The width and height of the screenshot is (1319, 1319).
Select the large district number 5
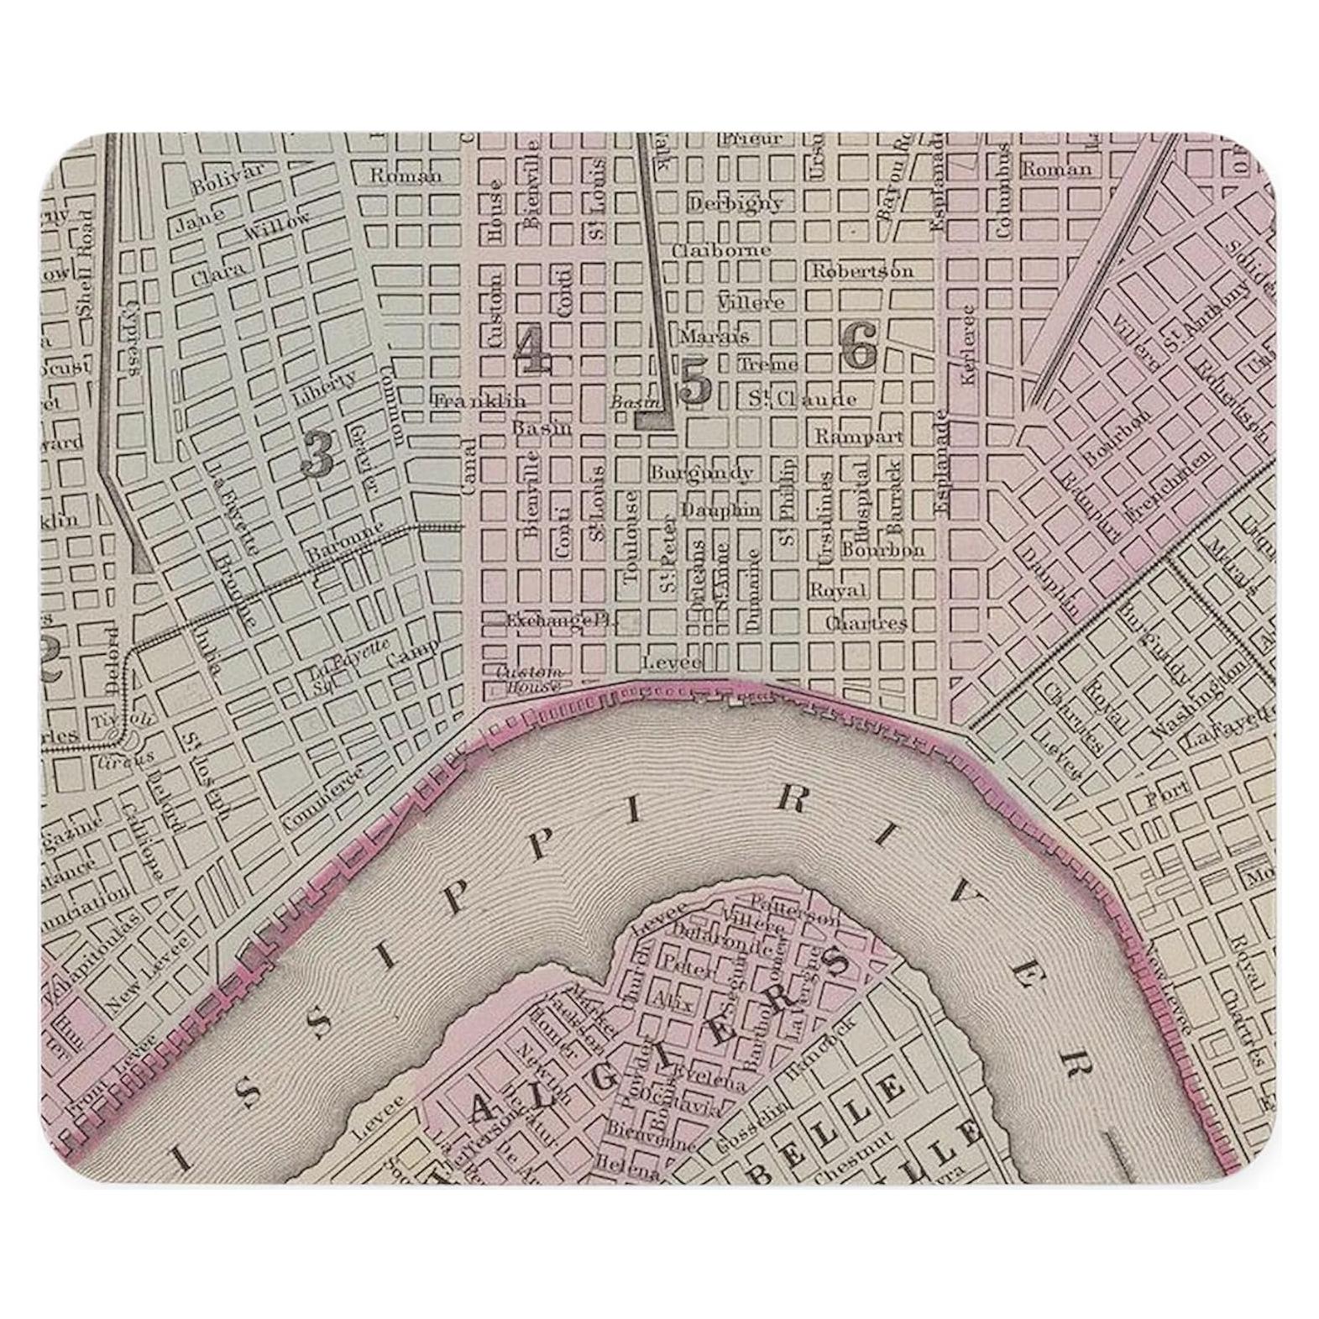(695, 383)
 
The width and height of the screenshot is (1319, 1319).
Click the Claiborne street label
(720, 250)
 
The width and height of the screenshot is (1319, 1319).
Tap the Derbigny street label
(735, 202)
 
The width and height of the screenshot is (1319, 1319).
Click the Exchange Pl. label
(560, 620)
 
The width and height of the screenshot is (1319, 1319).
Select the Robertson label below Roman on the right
(861, 271)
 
